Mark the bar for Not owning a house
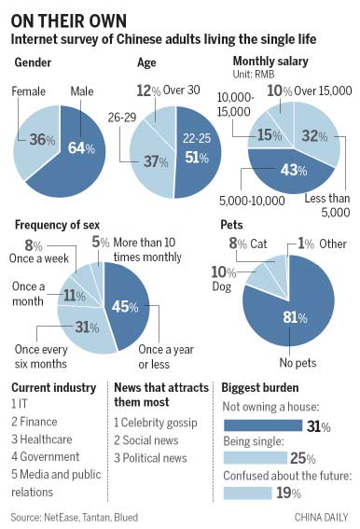point(263,425)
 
